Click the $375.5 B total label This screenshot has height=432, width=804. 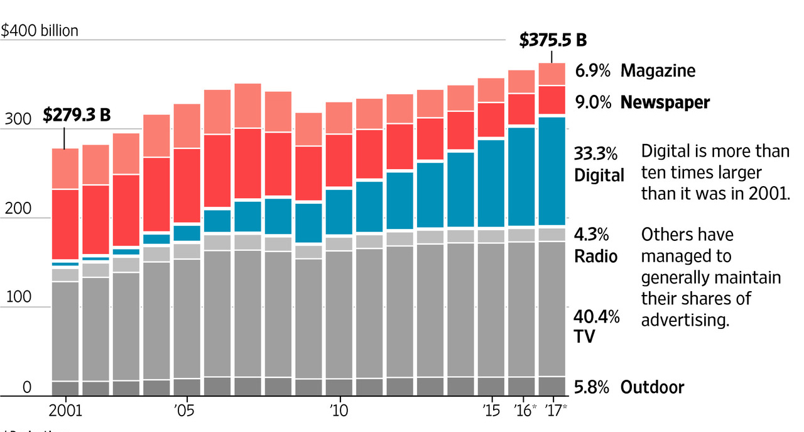pyautogui.click(x=553, y=40)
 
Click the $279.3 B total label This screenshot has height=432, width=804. pyautogui.click(x=77, y=115)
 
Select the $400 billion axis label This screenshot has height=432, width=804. pyautogui.click(x=40, y=30)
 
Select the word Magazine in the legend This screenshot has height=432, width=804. pyautogui.click(x=658, y=70)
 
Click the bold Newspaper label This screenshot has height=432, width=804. pyautogui.click(x=665, y=102)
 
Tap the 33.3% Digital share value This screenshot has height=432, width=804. pyautogui.click(x=595, y=153)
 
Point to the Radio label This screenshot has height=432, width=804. pyautogui.click(x=595, y=257)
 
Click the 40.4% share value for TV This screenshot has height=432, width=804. pyautogui.click(x=597, y=316)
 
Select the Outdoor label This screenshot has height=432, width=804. pyautogui.click(x=652, y=387)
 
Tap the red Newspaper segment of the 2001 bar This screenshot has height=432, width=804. pyautogui.click(x=65, y=224)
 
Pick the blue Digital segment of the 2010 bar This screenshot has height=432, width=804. pyautogui.click(x=339, y=211)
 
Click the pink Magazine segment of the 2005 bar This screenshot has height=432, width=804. pyautogui.click(x=187, y=126)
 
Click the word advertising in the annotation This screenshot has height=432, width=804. pyautogui.click(x=685, y=319)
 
